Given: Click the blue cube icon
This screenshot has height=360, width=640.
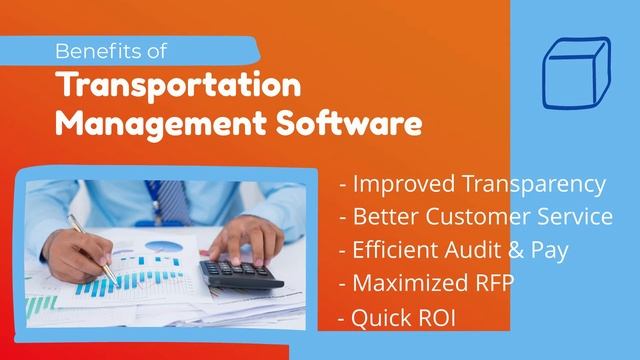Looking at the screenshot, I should (x=575, y=72).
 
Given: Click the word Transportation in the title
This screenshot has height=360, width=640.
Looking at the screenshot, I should (x=179, y=86).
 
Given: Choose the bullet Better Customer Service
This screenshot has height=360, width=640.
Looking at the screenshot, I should (x=476, y=216).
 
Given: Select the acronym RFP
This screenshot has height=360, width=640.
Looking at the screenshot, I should (x=487, y=282).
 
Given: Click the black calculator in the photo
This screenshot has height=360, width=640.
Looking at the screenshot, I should (x=240, y=274).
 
